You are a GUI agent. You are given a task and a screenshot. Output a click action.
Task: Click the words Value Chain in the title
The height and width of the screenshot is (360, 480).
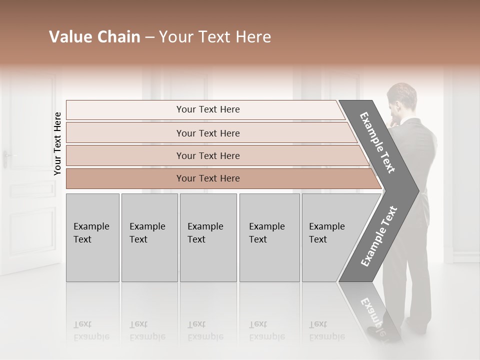pos(94,37)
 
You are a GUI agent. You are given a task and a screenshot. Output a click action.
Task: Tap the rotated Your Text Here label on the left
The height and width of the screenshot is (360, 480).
pos(57,143)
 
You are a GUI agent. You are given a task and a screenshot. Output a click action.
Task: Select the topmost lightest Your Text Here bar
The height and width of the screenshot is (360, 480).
pos(207,109)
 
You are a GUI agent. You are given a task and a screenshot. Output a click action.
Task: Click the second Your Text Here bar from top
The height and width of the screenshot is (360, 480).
pos(207,133)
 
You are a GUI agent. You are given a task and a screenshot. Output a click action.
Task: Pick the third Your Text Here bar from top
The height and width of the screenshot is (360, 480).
pos(207,155)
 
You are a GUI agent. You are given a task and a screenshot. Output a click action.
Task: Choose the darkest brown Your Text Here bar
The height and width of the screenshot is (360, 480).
pos(207,178)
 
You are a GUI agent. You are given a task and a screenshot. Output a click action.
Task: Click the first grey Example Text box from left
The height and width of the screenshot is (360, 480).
pos(92,237)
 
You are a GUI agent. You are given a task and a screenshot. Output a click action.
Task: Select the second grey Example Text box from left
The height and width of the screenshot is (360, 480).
pos(149,237)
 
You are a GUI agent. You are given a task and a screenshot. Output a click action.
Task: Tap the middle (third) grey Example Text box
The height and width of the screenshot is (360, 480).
pos(208,237)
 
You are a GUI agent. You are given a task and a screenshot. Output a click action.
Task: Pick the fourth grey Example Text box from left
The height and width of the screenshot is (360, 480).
pos(269,237)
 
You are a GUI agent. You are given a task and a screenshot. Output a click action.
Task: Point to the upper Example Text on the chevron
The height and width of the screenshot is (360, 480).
pos(378,142)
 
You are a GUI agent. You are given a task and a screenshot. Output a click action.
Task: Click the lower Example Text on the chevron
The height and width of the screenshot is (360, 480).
pos(378,236)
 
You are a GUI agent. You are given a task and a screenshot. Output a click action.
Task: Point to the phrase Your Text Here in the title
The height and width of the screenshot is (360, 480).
pos(215,37)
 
